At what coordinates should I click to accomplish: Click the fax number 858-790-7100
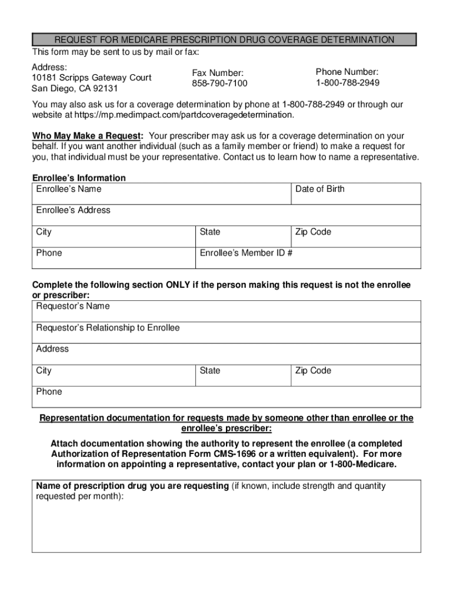coord(219,83)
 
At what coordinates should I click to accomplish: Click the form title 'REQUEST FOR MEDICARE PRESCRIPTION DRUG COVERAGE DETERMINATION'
coord(224,39)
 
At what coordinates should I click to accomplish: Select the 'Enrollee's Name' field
coord(161,194)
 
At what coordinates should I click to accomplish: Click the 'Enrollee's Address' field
coord(226,216)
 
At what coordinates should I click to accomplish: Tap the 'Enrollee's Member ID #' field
coord(308,258)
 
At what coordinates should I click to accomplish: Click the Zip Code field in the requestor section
coord(356,376)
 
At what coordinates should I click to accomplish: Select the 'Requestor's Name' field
coord(226,312)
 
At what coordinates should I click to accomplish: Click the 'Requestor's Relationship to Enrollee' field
coord(226,333)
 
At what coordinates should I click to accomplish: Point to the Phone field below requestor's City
coord(226,397)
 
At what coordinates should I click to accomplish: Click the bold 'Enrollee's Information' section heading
coord(79,178)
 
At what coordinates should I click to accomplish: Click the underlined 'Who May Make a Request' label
coord(87,135)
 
